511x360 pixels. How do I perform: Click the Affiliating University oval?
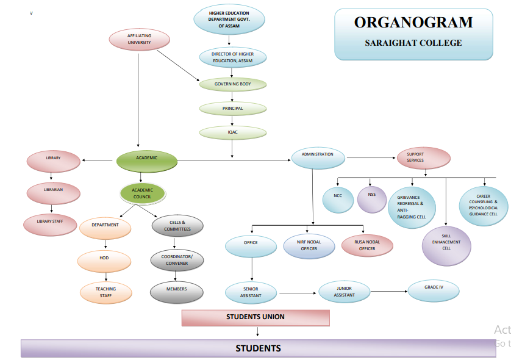tap(139, 40)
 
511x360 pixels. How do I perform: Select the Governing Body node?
tap(232, 84)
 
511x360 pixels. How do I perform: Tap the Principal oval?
tap(232, 109)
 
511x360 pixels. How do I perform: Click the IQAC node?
tap(232, 131)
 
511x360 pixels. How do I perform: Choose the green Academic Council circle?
tap(142, 193)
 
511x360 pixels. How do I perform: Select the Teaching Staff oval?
tap(105, 292)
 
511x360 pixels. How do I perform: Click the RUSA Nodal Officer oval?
tap(367, 245)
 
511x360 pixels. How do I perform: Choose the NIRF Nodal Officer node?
tap(309, 245)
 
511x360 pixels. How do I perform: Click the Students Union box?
tap(255, 317)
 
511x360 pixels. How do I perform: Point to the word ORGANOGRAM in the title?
tap(413, 23)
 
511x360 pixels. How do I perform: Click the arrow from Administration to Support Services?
tap(371, 157)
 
